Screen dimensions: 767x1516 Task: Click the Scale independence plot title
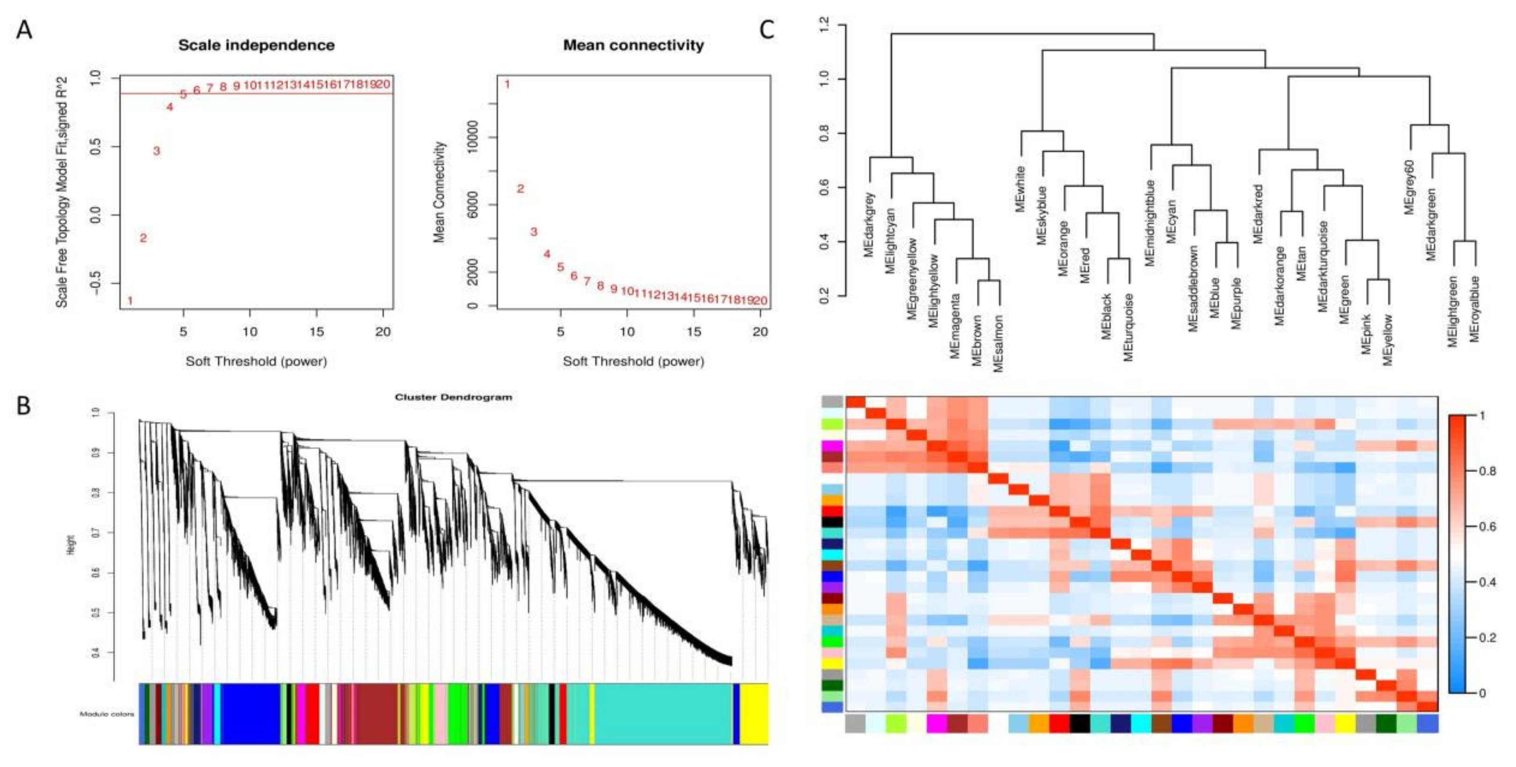point(257,45)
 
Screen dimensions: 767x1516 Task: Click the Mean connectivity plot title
point(633,45)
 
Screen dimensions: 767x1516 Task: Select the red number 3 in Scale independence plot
point(156,151)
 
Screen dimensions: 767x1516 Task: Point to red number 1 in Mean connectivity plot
point(507,85)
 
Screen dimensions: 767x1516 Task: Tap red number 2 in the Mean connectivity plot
point(520,189)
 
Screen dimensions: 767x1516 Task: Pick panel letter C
point(766,29)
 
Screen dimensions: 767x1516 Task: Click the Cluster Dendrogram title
point(453,398)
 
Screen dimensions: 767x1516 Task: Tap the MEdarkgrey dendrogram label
point(869,225)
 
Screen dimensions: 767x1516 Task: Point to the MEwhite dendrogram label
point(1020,189)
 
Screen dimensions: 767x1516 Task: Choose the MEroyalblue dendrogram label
point(1474,309)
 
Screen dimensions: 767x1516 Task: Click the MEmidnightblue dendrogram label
point(1150,223)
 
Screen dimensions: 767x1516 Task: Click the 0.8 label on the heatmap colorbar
point(1487,471)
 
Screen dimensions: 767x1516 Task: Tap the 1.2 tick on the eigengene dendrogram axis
point(824,25)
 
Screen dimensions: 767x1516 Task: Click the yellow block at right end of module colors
point(754,713)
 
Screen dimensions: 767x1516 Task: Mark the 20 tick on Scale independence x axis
point(383,332)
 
